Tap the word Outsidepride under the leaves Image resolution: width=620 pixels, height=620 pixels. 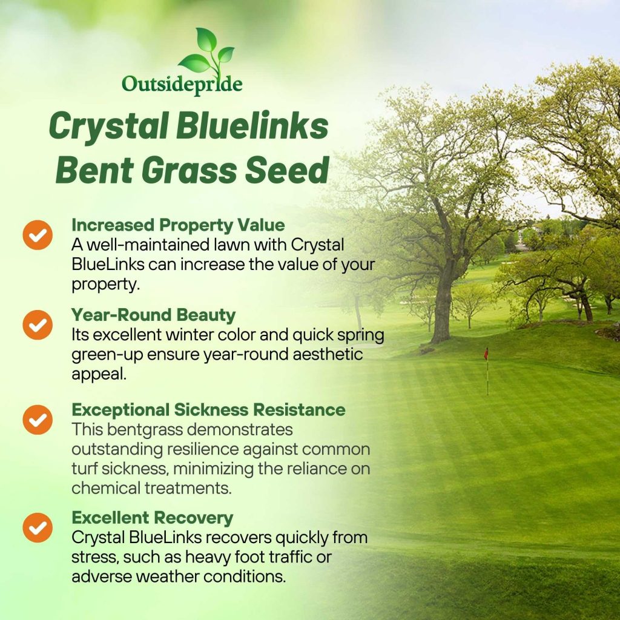(182, 85)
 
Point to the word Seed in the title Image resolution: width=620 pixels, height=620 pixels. (287, 170)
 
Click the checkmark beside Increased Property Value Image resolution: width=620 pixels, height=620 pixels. (38, 235)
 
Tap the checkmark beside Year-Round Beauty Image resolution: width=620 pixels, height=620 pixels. (38, 325)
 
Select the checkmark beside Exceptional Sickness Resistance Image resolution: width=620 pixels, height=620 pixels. (38, 420)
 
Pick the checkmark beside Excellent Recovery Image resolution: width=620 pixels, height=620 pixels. (38, 527)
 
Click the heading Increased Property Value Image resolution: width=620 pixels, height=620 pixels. (179, 225)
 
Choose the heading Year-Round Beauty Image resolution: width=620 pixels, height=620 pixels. (153, 315)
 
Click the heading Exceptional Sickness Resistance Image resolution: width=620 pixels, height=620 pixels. (208, 410)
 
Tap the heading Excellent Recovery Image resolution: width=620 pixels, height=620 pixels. (153, 518)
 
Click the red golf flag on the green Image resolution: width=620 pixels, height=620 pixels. (486, 353)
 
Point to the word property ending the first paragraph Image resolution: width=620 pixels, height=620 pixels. (105, 285)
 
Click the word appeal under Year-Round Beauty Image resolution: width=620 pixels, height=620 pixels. (99, 374)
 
